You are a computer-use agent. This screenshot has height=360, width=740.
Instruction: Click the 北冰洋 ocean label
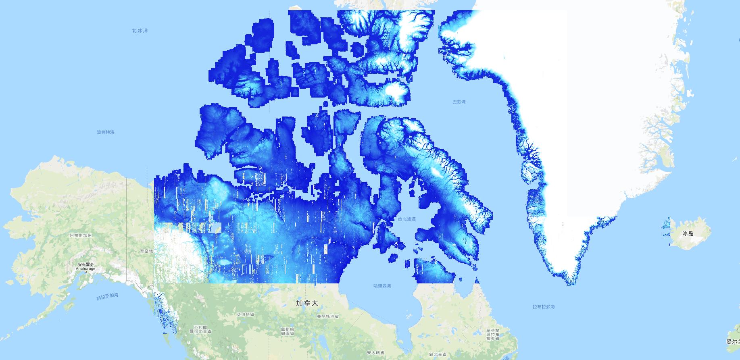click(140, 31)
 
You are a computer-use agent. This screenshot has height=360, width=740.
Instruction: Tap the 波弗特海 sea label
click(106, 132)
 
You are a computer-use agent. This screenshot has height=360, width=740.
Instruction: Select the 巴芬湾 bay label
click(459, 102)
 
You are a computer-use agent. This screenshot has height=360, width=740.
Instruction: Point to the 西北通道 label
click(406, 219)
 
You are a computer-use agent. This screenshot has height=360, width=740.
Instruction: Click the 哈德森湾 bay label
click(382, 286)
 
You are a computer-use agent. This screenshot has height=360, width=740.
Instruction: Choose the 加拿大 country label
click(307, 303)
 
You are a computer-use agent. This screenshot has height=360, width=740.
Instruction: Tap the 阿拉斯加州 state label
click(81, 235)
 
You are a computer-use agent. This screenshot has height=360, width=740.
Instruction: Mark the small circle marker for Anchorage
click(85, 272)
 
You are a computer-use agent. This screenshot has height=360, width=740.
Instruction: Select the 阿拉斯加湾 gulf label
click(107, 297)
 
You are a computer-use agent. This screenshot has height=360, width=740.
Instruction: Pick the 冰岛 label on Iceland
click(688, 233)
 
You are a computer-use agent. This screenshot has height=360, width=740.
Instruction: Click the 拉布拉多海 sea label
click(544, 307)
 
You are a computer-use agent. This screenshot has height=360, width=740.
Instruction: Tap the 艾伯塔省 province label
click(245, 314)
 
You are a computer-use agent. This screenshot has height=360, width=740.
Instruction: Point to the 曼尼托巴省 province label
click(328, 316)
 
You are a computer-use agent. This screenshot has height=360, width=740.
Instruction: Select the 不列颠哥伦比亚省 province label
click(200, 329)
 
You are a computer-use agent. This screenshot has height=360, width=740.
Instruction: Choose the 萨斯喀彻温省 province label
click(287, 331)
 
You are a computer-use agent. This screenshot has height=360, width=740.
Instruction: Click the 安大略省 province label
click(375, 353)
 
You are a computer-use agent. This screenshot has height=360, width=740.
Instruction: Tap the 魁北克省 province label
click(438, 354)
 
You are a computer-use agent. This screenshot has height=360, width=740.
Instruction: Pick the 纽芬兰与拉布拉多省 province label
click(492, 335)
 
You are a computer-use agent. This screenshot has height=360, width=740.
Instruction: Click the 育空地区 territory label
click(147, 251)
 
